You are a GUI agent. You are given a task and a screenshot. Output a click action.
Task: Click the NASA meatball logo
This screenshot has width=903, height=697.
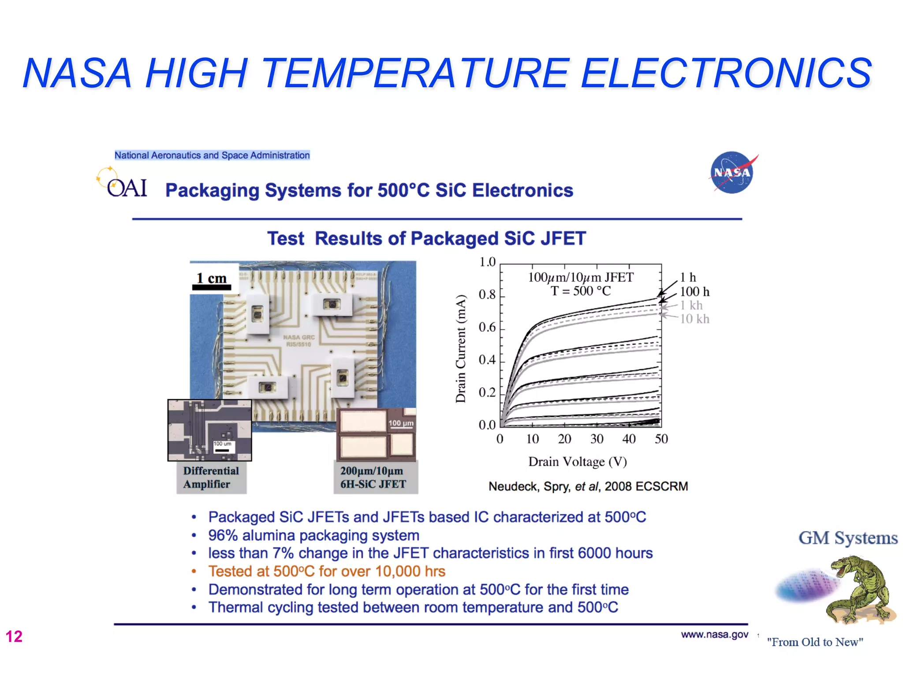coord(732,172)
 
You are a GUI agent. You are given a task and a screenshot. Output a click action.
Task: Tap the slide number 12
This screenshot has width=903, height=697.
coord(14,636)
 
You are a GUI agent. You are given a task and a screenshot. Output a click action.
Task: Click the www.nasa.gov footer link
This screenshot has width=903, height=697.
coord(714,634)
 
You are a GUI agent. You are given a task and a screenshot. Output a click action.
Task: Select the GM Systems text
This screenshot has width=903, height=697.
coord(847,538)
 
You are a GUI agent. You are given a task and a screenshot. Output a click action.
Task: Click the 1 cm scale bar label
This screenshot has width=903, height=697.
coord(211,278)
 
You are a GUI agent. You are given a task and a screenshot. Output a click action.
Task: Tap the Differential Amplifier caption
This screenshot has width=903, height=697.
coord(211,477)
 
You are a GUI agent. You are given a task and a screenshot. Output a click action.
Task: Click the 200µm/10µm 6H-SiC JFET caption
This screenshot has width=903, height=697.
coord(373,477)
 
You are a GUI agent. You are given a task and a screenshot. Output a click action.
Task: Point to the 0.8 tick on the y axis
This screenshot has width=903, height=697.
coord(487,294)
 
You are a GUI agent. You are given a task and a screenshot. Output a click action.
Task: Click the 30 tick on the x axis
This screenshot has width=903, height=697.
coord(597,439)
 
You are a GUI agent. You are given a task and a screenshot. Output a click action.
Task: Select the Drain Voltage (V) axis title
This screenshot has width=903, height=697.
coord(577,462)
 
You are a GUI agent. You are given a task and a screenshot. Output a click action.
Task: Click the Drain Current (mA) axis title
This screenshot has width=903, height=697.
coord(460,348)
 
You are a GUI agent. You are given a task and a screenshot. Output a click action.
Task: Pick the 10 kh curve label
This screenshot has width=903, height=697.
coord(694,319)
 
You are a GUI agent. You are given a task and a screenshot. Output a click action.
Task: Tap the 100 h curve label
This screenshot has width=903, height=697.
coord(694,292)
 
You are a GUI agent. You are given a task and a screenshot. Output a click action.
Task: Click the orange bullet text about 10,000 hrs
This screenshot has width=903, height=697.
coord(326,571)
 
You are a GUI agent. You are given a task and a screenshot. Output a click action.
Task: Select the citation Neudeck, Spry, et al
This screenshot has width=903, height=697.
coord(588,486)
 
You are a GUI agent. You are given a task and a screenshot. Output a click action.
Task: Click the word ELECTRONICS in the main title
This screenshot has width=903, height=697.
coord(726,73)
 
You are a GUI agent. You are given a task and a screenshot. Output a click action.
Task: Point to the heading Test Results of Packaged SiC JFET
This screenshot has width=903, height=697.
coord(426,238)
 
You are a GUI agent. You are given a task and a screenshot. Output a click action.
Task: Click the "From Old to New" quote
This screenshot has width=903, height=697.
coord(815,642)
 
